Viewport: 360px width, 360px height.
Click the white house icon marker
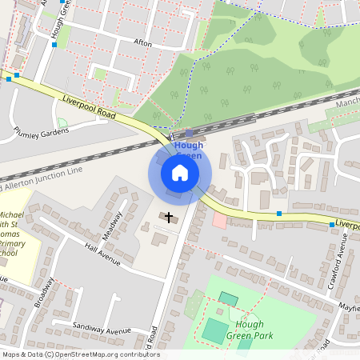(180, 173)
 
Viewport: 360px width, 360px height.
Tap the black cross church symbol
(168, 217)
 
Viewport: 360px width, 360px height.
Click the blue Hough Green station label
(189, 150)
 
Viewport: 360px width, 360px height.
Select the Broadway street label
(44, 293)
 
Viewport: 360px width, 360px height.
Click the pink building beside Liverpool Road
(219, 219)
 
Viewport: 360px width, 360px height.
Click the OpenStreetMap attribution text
(80, 354)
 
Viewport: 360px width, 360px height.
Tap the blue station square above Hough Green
(189, 134)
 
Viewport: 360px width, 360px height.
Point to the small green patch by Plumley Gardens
(62, 122)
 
